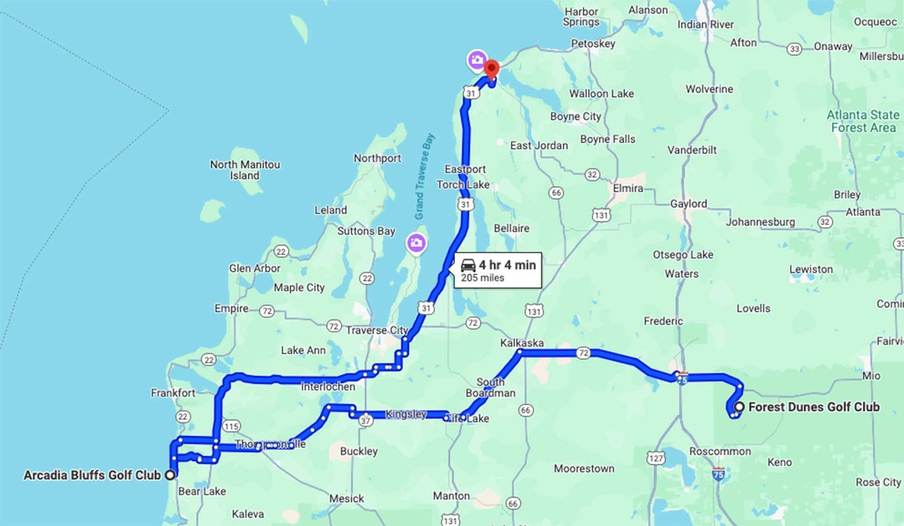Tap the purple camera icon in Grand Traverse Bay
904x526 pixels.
point(416,243)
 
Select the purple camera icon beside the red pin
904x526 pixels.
point(477,60)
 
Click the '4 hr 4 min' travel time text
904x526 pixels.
point(507,266)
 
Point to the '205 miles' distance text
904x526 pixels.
point(483,278)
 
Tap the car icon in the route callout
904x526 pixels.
point(468,266)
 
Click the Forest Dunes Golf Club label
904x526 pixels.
point(814,407)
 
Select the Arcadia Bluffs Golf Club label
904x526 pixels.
point(92,475)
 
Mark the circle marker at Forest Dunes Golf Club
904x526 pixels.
point(739,407)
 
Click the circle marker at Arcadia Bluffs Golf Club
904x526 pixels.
point(169,475)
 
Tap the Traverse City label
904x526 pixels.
point(376,330)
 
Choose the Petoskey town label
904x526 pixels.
point(593,44)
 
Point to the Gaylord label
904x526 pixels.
point(688,204)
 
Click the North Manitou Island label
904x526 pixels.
point(245,170)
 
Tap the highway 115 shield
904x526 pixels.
point(231,426)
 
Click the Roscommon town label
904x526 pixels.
point(720,452)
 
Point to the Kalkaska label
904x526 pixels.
point(522,343)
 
